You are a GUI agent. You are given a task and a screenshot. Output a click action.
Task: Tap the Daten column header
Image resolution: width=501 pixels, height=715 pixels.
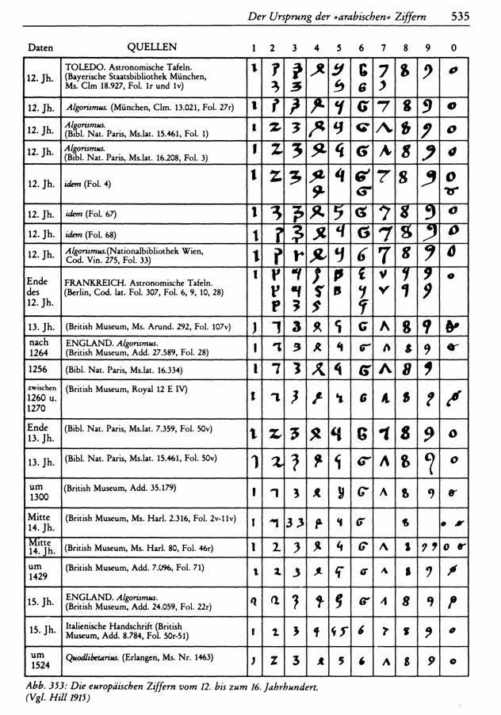[x=40, y=48]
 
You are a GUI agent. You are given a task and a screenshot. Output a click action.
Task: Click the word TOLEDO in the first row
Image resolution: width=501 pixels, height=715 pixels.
[x=85, y=64]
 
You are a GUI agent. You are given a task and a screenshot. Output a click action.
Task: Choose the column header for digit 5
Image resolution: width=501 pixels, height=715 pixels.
[x=339, y=48]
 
